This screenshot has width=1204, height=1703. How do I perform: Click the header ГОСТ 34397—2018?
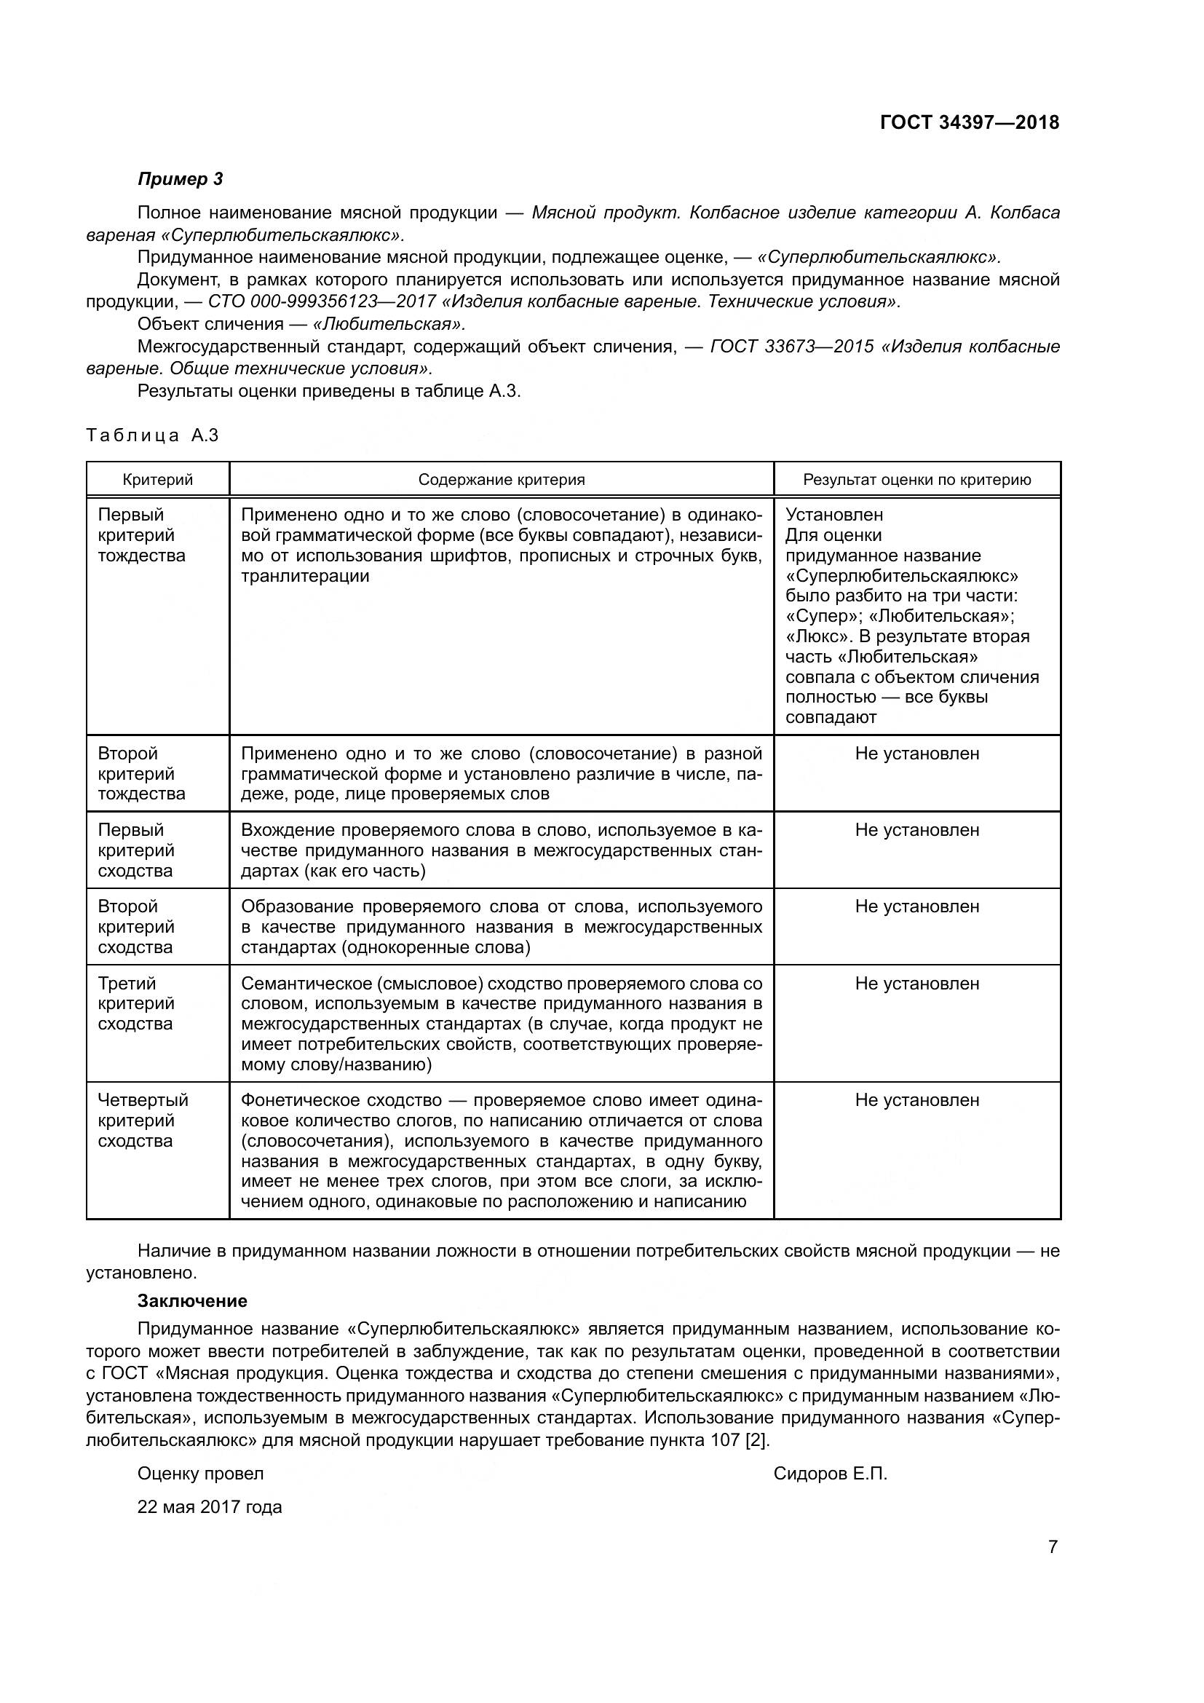[969, 122]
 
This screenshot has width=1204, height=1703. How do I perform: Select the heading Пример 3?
[180, 179]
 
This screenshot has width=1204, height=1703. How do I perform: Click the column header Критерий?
[157, 480]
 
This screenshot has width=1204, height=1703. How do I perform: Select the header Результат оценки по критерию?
[917, 480]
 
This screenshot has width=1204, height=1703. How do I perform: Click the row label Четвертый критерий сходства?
[143, 1121]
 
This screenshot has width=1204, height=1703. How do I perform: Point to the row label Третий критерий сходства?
[136, 1003]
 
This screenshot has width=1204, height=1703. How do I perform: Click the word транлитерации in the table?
[305, 577]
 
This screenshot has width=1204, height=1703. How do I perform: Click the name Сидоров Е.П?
[830, 1474]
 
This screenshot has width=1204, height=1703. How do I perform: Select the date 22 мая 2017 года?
[210, 1507]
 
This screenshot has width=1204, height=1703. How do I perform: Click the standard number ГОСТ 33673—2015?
[791, 347]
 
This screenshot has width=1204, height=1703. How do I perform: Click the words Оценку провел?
[200, 1474]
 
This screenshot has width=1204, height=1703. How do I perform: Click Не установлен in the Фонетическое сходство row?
[916, 1100]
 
